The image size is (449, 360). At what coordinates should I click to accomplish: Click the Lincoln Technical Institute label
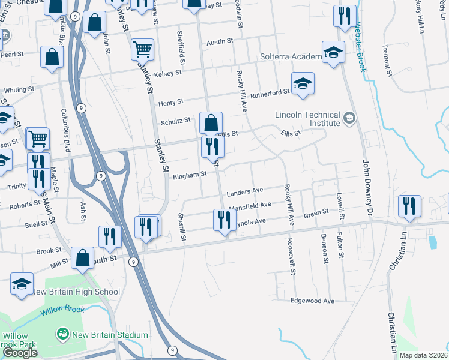click(307, 119)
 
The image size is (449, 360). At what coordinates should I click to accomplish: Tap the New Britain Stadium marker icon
click(62, 334)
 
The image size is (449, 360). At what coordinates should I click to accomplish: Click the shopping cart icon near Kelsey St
click(142, 49)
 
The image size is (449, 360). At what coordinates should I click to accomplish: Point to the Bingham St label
click(189, 175)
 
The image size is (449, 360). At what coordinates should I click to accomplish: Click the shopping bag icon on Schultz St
click(211, 123)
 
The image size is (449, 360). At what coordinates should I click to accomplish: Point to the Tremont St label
click(388, 61)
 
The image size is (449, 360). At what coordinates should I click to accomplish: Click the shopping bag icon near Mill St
click(82, 257)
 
